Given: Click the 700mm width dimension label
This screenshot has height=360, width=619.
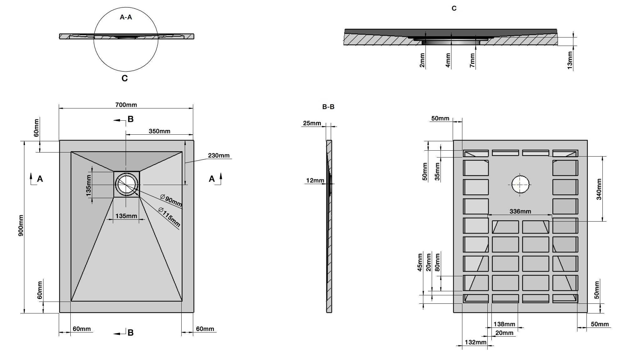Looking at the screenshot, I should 126,105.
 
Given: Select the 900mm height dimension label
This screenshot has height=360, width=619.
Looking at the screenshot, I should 21,225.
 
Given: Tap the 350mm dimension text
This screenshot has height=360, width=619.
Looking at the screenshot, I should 159,131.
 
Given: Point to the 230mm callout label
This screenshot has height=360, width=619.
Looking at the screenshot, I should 219,155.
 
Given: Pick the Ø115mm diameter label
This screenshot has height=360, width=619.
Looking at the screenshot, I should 169,217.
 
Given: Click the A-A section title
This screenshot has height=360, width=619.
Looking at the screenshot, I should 126,17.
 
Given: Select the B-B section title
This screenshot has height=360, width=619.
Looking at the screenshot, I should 328,107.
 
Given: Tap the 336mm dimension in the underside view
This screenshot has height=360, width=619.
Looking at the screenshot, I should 520,211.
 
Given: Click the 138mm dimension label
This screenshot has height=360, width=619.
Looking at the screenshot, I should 504,324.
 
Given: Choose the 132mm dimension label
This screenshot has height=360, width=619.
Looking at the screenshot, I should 476,342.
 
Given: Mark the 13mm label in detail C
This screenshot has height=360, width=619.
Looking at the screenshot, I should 570,60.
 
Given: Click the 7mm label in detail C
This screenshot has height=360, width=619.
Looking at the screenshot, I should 472,60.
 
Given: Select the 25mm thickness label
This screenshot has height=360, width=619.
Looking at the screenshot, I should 312,123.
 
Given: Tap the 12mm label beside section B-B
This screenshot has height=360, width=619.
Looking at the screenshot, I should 315,180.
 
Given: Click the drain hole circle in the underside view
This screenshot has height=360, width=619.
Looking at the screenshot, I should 520,184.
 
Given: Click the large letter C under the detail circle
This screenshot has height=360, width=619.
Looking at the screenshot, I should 124,78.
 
